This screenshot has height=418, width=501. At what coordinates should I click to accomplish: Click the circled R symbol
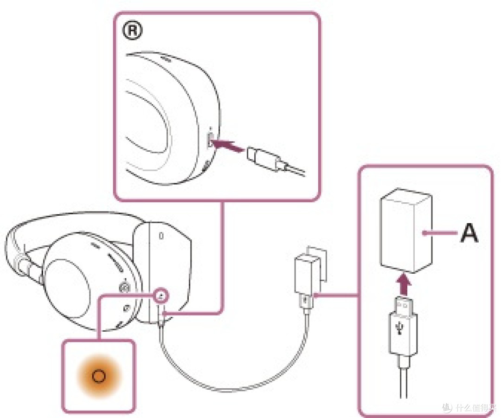click(132, 31)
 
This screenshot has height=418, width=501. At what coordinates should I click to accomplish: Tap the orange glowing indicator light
click(99, 376)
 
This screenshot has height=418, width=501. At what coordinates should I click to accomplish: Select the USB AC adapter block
click(406, 231)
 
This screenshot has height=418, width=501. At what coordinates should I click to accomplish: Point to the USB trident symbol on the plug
click(399, 327)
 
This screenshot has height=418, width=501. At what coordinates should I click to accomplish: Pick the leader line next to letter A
click(440, 233)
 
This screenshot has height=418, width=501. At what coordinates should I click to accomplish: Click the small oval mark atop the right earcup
click(161, 236)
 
